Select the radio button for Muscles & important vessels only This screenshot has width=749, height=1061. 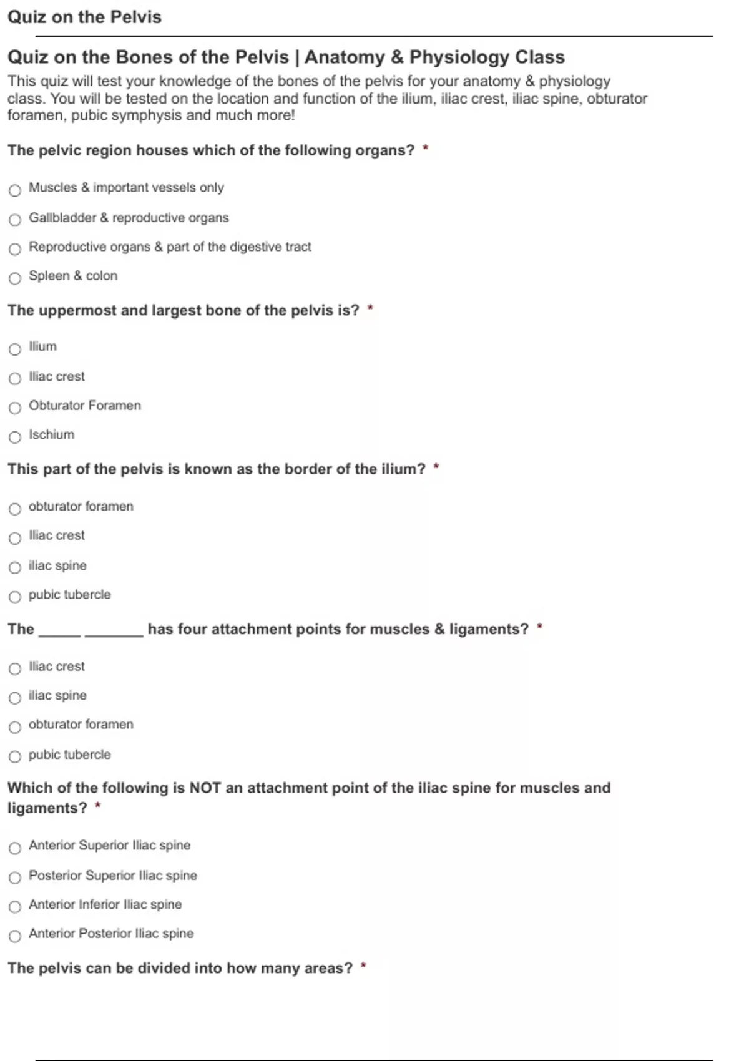(15, 190)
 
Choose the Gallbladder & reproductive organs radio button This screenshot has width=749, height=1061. (15, 220)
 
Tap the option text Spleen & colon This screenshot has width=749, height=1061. (73, 276)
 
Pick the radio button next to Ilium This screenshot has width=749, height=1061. (15, 349)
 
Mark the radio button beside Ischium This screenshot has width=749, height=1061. (15, 437)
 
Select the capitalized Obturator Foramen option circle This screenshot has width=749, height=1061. (15, 408)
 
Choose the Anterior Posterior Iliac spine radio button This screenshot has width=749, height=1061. (15, 936)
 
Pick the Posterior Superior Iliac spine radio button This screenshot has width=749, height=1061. (15, 878)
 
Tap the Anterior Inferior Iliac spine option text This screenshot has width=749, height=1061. (105, 904)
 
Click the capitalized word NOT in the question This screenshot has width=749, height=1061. (205, 788)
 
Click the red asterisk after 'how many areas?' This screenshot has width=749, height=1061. (363, 967)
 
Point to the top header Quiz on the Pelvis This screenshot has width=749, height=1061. (84, 17)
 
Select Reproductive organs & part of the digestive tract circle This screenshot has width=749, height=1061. (15, 249)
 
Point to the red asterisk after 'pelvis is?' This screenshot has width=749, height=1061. (370, 308)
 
